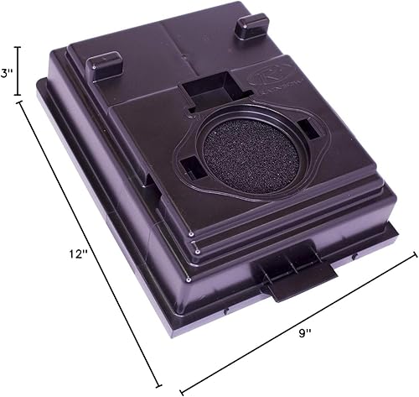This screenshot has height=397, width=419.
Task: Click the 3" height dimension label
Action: coord(8,73)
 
